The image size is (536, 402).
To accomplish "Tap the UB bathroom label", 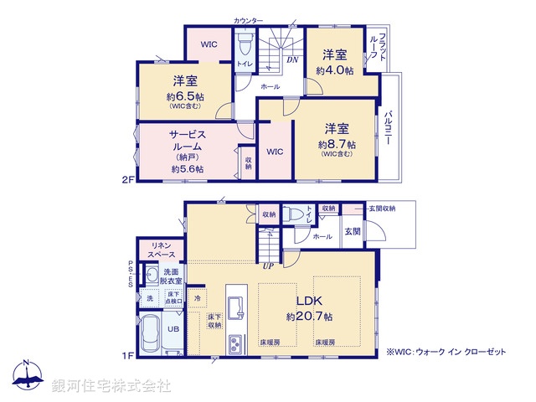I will (x=173, y=330).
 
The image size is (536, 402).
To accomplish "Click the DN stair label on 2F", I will (x=292, y=59).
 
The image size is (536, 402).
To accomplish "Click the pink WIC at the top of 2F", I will (x=209, y=44).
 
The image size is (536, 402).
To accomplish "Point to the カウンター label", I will (x=250, y=19).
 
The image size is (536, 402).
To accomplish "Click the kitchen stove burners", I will (x=235, y=343).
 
